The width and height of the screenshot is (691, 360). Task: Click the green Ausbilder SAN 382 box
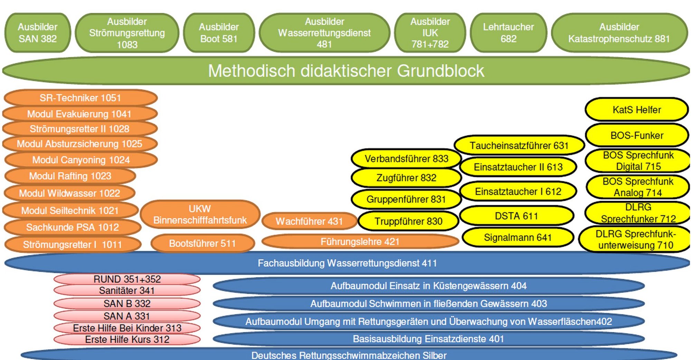[x=38, y=33]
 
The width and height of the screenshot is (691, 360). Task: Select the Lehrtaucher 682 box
[x=508, y=33]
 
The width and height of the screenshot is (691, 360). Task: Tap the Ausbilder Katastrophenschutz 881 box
[x=619, y=33]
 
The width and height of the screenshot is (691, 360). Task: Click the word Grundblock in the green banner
[x=440, y=71]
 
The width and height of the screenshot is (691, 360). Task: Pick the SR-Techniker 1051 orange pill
[x=80, y=98]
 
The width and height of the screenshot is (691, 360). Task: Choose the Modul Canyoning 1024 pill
[x=81, y=160]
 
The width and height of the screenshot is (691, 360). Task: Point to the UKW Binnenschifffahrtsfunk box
[x=200, y=215]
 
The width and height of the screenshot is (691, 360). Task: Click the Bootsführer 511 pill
[x=202, y=243]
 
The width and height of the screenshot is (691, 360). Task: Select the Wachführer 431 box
[x=309, y=221]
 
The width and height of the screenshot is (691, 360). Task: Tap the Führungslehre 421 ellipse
[x=360, y=241]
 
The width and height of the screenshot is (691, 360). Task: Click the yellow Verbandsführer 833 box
[x=406, y=159]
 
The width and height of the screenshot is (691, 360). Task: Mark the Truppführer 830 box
[x=408, y=221]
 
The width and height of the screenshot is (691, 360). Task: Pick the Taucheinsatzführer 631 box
[x=519, y=145]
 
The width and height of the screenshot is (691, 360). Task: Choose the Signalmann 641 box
[x=518, y=237]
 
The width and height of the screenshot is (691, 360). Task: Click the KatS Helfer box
[x=636, y=110]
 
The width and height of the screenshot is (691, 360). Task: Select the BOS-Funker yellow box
[x=636, y=135]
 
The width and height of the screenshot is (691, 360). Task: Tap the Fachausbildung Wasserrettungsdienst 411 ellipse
[x=347, y=263]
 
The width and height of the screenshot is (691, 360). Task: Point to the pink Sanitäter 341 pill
[x=127, y=291]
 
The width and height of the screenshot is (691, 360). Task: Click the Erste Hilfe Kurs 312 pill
[x=127, y=339]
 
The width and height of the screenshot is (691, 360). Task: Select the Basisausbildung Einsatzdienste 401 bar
[x=428, y=339]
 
